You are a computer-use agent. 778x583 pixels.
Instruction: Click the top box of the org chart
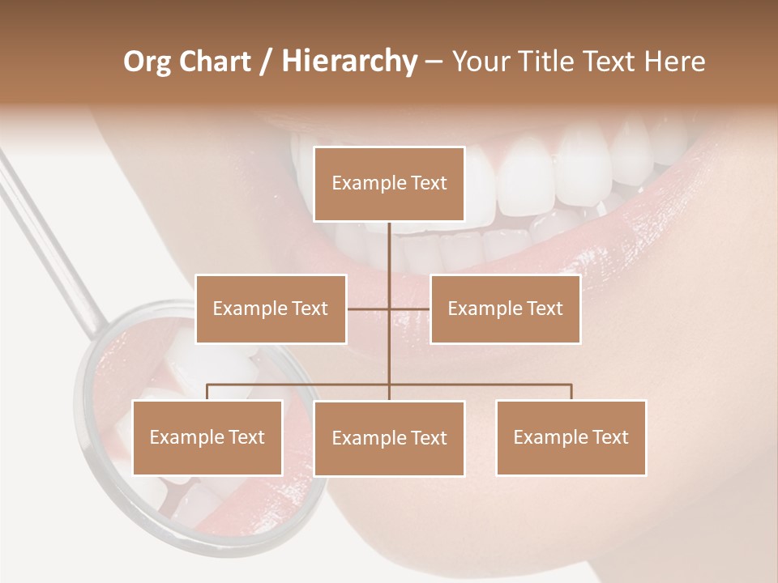[x=389, y=184]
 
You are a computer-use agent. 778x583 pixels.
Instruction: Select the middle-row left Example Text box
[x=271, y=309]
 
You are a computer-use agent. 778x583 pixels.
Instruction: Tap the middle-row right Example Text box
[x=505, y=309]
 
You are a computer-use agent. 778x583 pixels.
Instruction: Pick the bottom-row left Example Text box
[x=207, y=437]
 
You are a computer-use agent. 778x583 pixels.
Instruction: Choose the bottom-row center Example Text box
[x=389, y=438]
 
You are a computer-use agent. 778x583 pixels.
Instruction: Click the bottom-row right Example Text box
[x=571, y=437]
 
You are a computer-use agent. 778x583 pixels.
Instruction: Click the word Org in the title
[x=146, y=62]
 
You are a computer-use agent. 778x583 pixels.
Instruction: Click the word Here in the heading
[x=674, y=62]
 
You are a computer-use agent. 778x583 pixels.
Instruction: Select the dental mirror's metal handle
[x=49, y=235]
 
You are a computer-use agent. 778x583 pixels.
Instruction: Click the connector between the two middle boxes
[x=388, y=309]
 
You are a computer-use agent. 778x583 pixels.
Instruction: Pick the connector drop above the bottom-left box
[x=207, y=392]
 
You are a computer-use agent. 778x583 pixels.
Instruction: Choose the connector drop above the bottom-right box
[x=571, y=392]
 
